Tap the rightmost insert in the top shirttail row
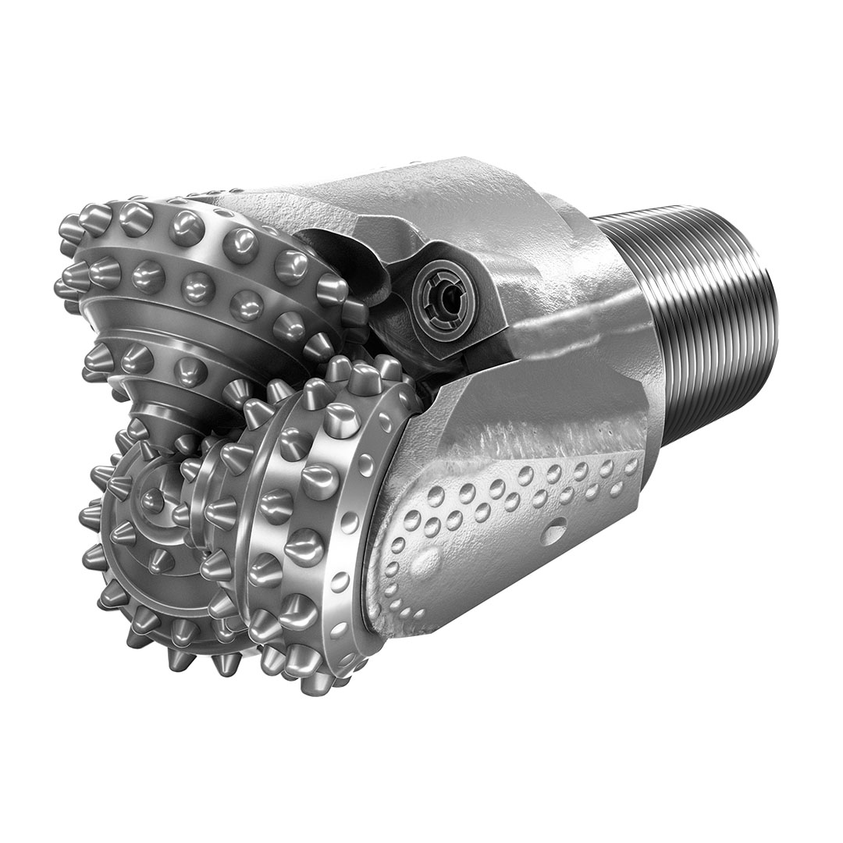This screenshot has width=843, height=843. [631, 466]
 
